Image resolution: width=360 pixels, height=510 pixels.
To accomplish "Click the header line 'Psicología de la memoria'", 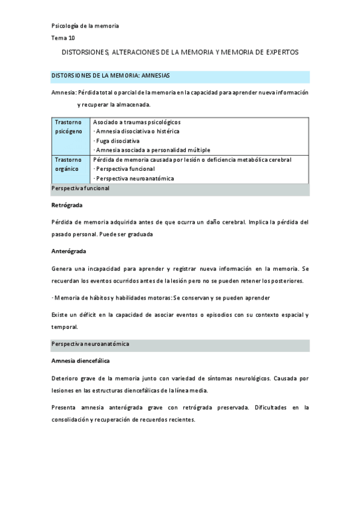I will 85,26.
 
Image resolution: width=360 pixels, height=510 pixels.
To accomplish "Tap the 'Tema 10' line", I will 63,38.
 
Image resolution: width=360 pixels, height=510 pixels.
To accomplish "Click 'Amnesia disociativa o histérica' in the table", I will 137,131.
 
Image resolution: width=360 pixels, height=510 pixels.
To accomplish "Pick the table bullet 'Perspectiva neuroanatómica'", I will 135,179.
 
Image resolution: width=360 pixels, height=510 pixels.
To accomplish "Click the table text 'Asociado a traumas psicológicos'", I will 137,122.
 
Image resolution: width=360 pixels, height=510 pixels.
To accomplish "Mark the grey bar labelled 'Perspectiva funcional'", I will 81,189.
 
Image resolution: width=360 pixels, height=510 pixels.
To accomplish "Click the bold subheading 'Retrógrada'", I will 67,205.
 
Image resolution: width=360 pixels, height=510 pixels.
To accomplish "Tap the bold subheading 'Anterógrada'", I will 69,250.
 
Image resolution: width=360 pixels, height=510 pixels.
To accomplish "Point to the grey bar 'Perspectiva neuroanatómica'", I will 90,344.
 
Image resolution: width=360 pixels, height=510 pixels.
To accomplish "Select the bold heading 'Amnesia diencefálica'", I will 81,361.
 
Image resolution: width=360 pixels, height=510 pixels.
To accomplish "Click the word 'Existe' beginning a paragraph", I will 61,315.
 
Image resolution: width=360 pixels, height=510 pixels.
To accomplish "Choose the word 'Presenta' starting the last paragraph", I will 64,407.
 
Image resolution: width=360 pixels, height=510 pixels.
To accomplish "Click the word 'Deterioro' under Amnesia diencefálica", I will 66,378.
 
